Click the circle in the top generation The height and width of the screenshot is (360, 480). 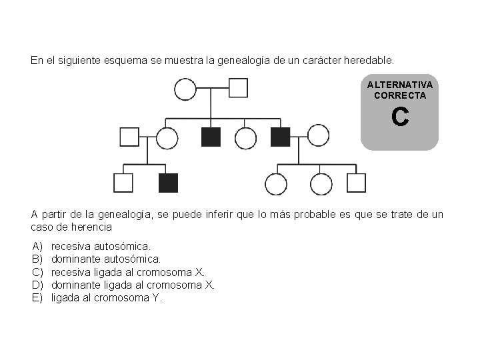(185, 89)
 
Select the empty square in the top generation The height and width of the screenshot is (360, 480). (238, 88)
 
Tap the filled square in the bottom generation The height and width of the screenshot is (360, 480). (169, 183)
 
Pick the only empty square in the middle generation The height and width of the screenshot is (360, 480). (129, 137)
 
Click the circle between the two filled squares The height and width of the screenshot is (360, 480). (246, 137)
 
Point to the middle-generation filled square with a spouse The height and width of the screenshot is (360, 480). (281, 137)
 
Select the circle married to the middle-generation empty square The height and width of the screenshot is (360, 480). (167, 137)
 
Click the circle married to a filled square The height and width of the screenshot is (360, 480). (318, 136)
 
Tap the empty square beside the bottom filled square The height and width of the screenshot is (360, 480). (123, 183)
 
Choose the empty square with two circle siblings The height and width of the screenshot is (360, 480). (356, 183)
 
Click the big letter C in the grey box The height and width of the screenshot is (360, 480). (399, 117)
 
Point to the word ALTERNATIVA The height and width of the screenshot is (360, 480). (399, 85)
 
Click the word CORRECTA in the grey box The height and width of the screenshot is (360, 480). (399, 95)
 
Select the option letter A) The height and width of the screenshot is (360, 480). (37, 247)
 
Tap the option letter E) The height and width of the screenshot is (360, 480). (37, 297)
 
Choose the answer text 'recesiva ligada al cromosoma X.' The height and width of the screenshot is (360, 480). (128, 272)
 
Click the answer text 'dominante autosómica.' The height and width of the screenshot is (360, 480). (106, 259)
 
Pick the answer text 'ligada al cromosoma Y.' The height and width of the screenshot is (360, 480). (107, 297)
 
